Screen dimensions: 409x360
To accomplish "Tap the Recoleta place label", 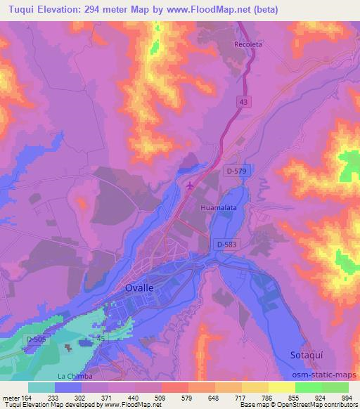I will click(x=247, y=44).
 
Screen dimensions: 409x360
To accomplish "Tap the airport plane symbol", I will click(x=191, y=186).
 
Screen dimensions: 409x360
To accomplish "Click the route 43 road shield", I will click(x=243, y=102).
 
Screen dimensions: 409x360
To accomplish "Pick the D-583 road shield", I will click(x=226, y=244).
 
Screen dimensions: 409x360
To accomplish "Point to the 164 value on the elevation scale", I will click(x=27, y=398).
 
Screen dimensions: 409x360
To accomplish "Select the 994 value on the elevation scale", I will click(x=347, y=398).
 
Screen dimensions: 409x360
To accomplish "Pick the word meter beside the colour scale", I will click(x=10, y=398).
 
